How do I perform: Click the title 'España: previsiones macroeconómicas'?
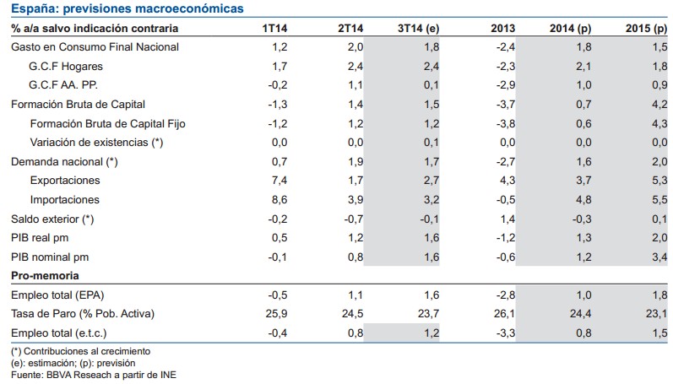127,8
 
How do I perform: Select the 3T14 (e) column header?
418,28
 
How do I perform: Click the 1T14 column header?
275,28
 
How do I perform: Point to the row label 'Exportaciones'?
65,181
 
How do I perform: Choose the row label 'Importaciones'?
65,200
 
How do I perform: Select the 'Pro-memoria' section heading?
44,276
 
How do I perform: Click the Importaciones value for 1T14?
279,200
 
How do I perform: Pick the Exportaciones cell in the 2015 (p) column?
658,181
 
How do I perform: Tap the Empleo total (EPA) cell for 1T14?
278,295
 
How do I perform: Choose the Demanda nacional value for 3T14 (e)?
430,161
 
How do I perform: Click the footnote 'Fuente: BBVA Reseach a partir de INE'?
94,374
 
